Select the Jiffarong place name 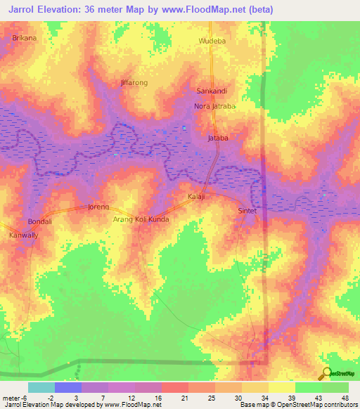(115, 83)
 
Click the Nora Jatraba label (215, 107)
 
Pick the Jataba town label (218, 138)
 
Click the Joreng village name (98, 207)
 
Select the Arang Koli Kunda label (141, 219)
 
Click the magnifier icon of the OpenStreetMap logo (326, 373)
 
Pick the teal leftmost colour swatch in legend (41, 387)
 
